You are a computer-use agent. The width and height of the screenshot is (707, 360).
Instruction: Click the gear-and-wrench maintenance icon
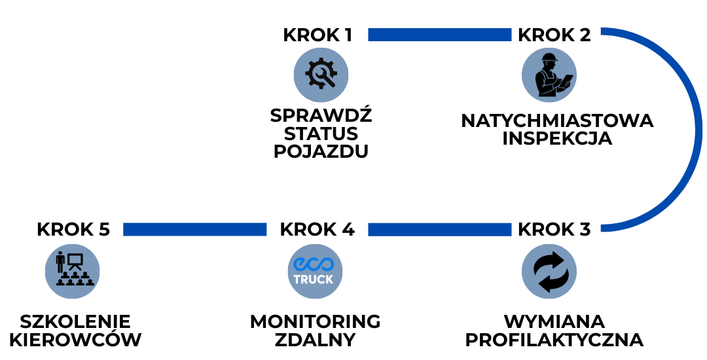[x=321, y=75]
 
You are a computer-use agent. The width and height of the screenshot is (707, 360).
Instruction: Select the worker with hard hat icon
[x=549, y=75]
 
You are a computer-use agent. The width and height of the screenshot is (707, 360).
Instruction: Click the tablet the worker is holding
[x=566, y=80]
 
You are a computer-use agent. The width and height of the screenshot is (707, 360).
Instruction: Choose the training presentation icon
[x=72, y=271]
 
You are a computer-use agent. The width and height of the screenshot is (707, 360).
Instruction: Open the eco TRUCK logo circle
[x=315, y=271]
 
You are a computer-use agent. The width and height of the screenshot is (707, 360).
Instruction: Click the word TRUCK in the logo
[x=314, y=279]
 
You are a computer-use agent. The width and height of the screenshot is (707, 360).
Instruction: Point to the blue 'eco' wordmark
[x=314, y=264]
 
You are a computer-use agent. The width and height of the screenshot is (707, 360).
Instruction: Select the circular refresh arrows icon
[x=549, y=271]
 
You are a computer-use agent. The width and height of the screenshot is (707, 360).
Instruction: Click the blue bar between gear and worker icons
[x=439, y=35]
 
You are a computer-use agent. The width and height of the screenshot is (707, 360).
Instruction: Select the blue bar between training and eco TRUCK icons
[x=194, y=229]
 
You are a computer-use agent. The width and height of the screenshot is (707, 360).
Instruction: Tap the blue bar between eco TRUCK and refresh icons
[x=439, y=229]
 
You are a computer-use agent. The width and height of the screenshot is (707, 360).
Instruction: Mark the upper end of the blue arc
[x=604, y=31]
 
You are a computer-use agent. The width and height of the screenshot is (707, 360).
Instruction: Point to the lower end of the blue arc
[x=604, y=228]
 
